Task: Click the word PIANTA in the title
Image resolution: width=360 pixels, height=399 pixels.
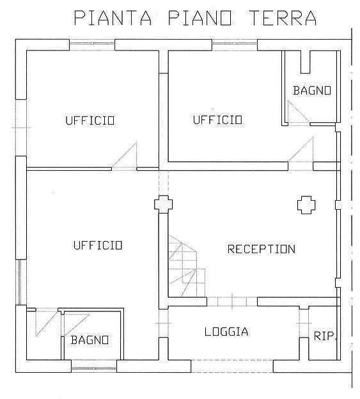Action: tap(113, 18)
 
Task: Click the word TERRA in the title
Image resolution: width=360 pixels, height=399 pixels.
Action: tap(283, 18)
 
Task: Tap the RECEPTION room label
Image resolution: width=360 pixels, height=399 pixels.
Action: tap(262, 249)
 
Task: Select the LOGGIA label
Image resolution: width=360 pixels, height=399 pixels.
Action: tap(226, 332)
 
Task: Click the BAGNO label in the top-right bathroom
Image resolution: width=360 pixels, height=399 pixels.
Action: tap(312, 90)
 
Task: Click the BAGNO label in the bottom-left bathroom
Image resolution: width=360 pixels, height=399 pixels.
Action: tap(90, 340)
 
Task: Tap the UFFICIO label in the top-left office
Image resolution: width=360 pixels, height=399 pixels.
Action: tap(90, 120)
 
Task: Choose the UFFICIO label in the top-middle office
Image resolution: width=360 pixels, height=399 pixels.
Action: tap(217, 120)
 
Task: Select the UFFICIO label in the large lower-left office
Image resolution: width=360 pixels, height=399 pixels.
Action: tap(98, 246)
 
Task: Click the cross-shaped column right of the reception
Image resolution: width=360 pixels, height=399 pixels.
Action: tap(306, 205)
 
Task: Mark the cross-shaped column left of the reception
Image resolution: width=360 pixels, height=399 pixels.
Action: tap(163, 204)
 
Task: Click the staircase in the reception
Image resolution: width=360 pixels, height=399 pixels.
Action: tap(187, 266)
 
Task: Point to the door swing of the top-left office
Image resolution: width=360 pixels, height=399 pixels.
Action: tap(125, 156)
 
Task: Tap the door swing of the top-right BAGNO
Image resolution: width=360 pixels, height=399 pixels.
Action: tap(299, 112)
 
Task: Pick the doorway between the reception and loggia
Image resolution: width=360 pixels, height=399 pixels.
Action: tap(232, 302)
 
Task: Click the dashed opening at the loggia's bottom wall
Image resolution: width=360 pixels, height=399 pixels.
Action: tap(232, 366)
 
